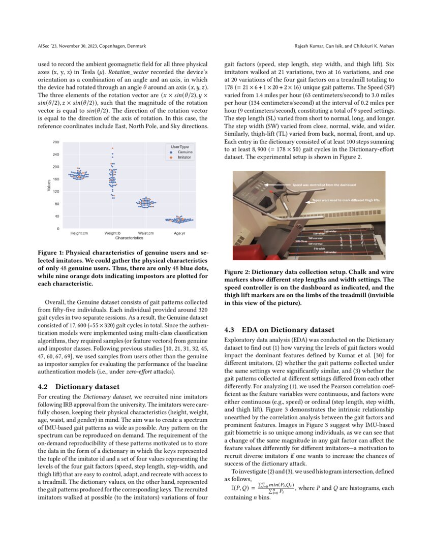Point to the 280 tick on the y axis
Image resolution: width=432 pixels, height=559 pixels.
pyautogui.click(x=55, y=142)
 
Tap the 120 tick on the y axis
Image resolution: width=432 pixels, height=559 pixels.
pyautogui.click(x=55, y=192)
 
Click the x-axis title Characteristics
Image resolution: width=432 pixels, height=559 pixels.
pyautogui.click(x=129, y=237)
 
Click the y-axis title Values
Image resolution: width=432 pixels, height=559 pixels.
pyautogui.click(x=49, y=185)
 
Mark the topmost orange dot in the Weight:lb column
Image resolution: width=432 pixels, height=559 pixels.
pyautogui.click(x=112, y=148)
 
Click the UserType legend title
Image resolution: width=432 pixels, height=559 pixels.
pyautogui.click(x=179, y=146)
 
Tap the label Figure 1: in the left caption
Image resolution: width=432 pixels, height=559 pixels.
pyautogui.click(x=52, y=252)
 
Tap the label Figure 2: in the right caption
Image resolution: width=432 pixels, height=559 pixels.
pyautogui.click(x=238, y=272)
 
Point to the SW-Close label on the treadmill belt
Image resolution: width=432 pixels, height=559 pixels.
pyautogui.click(x=300, y=241)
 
